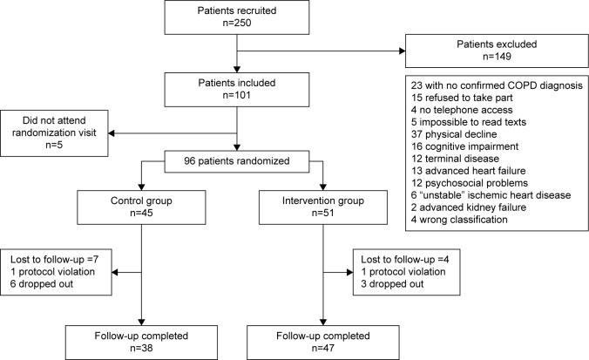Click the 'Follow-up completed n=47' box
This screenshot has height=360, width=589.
321,338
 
